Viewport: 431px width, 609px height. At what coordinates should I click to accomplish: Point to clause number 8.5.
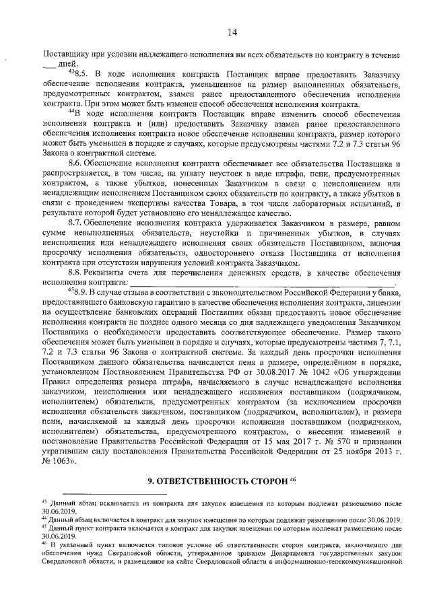coord(81,73)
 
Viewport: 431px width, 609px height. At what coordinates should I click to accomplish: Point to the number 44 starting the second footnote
coord(44,518)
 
